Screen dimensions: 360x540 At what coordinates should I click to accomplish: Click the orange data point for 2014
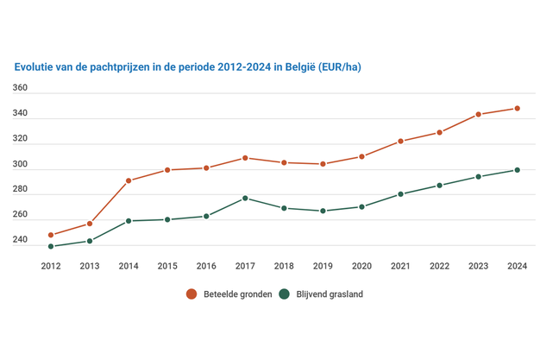click(x=129, y=181)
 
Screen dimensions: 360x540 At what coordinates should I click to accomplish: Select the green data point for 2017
click(x=246, y=199)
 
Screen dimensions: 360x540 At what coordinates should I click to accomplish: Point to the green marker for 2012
click(x=51, y=247)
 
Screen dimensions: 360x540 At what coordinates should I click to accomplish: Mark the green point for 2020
click(x=362, y=207)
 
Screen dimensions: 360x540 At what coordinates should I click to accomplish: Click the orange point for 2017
click(x=246, y=158)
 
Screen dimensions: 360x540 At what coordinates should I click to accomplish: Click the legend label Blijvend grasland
click(x=331, y=294)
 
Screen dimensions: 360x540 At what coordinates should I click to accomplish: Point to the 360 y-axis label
click(x=21, y=89)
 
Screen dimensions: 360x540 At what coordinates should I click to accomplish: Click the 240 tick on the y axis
click(x=21, y=241)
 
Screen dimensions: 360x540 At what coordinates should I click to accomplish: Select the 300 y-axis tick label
click(x=21, y=165)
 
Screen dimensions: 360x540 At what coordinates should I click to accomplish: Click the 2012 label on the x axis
click(x=51, y=266)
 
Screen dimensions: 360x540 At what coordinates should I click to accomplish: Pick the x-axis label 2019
click(x=323, y=266)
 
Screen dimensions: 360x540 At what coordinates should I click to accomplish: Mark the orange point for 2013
click(x=90, y=224)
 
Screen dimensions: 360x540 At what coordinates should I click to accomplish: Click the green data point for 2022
click(x=440, y=186)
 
